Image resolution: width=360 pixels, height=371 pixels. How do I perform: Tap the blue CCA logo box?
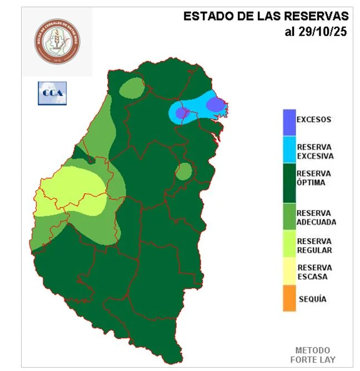pos(52,93)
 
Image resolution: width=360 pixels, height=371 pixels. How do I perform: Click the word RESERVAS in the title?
pos(317,16)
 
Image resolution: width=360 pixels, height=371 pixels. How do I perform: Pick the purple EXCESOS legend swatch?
pos(289,122)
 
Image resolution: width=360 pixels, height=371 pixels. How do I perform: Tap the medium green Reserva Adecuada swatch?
pos(289,217)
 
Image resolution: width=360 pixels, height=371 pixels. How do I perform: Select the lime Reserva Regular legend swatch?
pos(289,245)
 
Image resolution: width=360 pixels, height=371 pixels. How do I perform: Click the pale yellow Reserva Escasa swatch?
pos(289,272)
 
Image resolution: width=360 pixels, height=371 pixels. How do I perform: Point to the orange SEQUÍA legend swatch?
pos(289,299)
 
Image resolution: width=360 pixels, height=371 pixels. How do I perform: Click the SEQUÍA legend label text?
pos(312,299)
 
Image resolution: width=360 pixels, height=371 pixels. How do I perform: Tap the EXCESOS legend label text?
pos(314,119)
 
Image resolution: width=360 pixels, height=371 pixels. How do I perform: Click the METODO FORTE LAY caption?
pos(312,354)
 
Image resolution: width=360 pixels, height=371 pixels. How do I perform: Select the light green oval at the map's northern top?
pos(132,87)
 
